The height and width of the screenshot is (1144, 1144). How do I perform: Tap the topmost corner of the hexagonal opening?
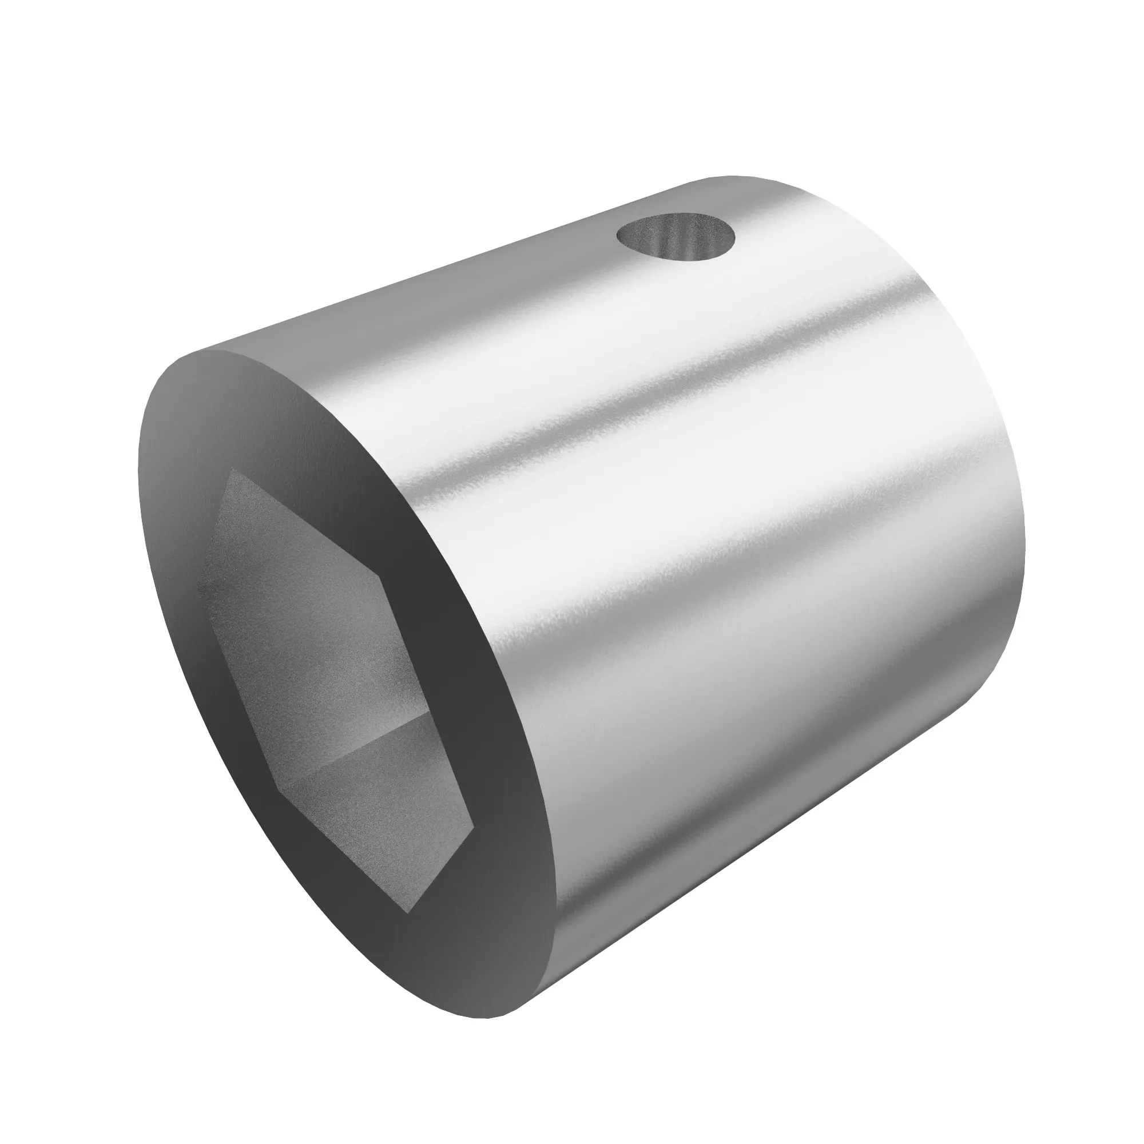coord(233,468)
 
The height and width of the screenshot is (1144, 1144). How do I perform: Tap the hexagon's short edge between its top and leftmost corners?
coord(214,526)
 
